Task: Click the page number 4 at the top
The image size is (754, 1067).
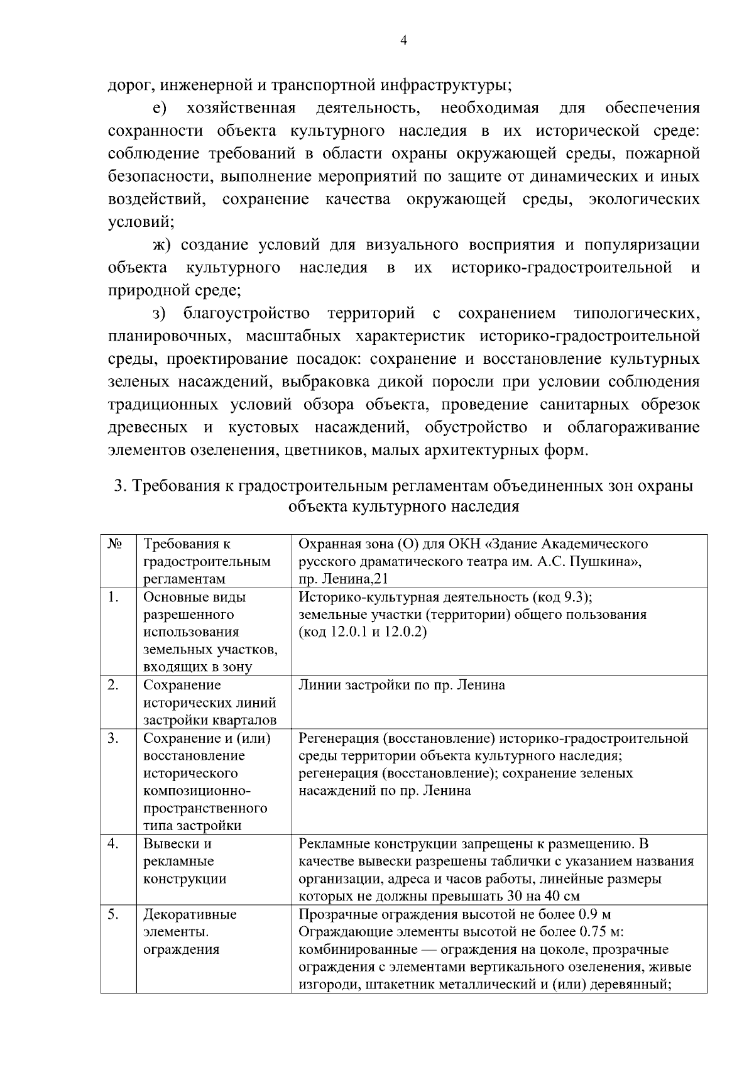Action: click(x=403, y=40)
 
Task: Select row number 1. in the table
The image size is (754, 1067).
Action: click(x=113, y=597)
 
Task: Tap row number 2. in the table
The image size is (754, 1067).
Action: click(x=113, y=685)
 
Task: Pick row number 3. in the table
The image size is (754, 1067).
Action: click(x=113, y=738)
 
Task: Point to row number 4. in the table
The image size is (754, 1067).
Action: click(x=113, y=843)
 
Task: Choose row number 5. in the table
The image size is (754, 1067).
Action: click(x=113, y=914)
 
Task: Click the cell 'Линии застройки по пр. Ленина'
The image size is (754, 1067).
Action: click(x=402, y=685)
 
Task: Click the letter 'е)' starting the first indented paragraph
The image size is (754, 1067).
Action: click(x=159, y=108)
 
